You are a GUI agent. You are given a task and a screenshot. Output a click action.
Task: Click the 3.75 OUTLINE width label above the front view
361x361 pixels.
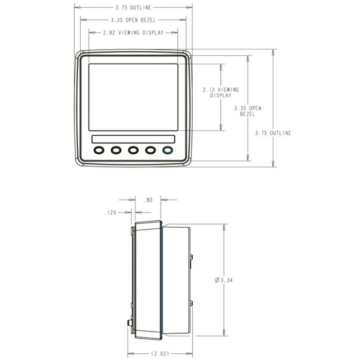[133, 8]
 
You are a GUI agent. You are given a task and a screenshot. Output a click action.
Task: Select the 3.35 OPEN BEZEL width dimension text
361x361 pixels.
[133, 20]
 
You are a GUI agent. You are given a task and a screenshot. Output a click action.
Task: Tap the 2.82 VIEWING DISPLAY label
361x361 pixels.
[133, 33]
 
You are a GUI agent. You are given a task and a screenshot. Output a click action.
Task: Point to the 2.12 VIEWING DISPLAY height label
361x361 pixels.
[221, 93]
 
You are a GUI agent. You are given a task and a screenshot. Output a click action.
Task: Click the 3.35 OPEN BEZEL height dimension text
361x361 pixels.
[248, 111]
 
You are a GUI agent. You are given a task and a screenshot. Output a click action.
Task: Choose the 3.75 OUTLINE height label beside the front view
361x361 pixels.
[273, 133]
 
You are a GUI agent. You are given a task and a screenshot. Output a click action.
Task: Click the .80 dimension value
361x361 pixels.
[148, 200]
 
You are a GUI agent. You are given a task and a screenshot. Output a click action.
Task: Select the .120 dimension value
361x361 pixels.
[110, 212]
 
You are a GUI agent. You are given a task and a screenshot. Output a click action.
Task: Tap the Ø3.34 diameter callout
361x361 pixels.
[224, 280]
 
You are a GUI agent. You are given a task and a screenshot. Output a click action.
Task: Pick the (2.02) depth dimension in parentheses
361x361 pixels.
[160, 353]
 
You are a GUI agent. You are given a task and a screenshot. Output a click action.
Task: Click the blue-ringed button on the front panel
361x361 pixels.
[167, 150]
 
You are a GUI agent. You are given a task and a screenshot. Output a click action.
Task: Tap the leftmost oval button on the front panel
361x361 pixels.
[99, 150]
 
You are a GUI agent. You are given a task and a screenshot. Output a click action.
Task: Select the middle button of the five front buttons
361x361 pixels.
[133, 150]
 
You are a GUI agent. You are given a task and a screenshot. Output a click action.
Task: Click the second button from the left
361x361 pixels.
[116, 150]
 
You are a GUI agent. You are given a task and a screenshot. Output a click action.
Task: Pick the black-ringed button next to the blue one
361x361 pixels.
[150, 150]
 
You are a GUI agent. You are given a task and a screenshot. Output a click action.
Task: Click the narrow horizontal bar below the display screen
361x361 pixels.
[133, 139]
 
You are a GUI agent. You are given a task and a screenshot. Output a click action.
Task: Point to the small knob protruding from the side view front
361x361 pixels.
[129, 323]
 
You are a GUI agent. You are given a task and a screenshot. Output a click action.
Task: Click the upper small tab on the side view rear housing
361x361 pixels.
[191, 257]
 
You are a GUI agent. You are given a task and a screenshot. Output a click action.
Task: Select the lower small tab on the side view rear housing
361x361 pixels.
[191, 303]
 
